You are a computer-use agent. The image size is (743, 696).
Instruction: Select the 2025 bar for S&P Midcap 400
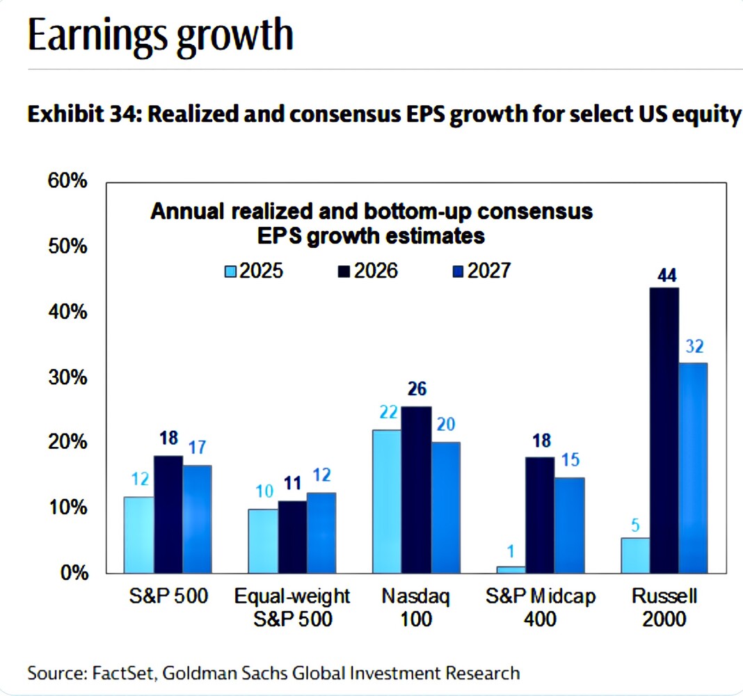[x=511, y=569]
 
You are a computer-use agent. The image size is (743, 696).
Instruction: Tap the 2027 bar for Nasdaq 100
[x=445, y=507]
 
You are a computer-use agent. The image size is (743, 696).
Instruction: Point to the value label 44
[x=667, y=276]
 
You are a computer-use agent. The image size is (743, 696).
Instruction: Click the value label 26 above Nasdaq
[x=417, y=390]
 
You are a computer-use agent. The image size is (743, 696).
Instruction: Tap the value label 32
[x=695, y=346]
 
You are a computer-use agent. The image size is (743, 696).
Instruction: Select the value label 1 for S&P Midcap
[x=510, y=552]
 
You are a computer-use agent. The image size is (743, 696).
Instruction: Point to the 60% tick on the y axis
[x=67, y=182]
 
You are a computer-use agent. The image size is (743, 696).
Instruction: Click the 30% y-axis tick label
[x=67, y=378]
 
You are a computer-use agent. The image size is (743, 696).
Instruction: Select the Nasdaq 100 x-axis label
[x=417, y=607]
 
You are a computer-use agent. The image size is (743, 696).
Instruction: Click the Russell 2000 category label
[x=664, y=607]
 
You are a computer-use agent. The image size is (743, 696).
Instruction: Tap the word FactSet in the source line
[x=113, y=673]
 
